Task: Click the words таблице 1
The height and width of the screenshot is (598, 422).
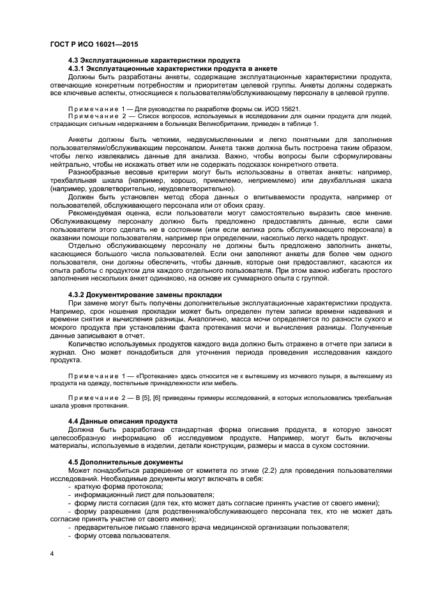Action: (299, 123)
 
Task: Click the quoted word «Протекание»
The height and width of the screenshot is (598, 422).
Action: (154, 376)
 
